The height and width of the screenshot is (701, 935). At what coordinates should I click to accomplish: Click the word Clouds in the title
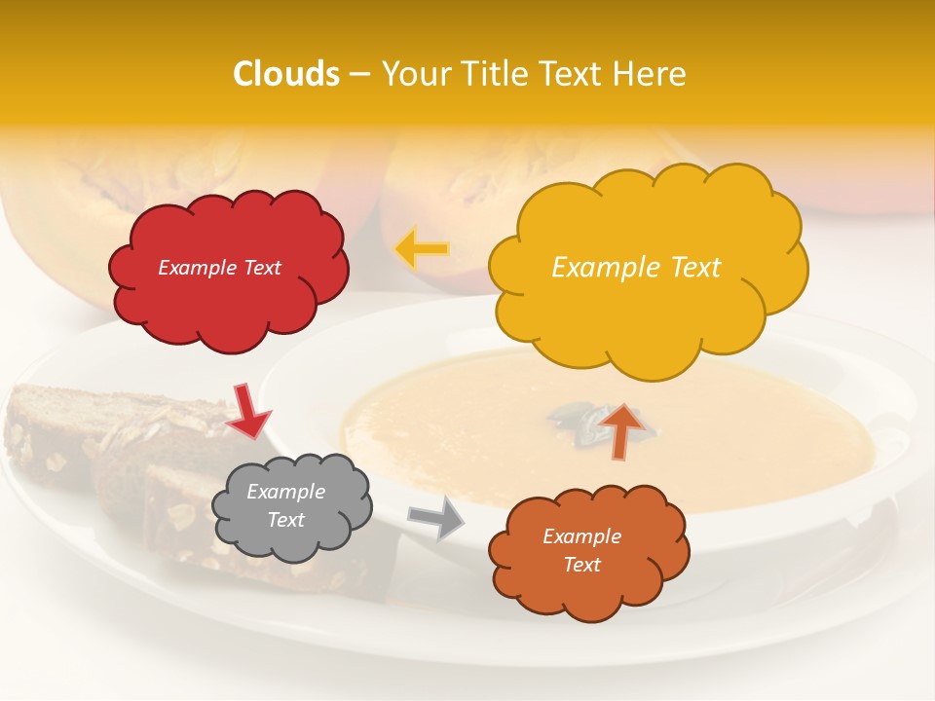286,74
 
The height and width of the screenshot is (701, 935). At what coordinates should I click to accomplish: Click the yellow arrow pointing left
422,249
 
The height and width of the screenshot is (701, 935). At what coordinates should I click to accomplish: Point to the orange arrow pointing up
622,430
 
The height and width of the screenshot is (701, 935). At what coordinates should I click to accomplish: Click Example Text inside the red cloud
219,268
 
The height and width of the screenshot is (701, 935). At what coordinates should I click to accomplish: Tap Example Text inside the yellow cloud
636,268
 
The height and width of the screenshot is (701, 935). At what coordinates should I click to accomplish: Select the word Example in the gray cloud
285,493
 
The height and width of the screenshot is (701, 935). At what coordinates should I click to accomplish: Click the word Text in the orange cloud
581,565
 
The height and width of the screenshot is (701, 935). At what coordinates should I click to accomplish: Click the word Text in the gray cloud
285,520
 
